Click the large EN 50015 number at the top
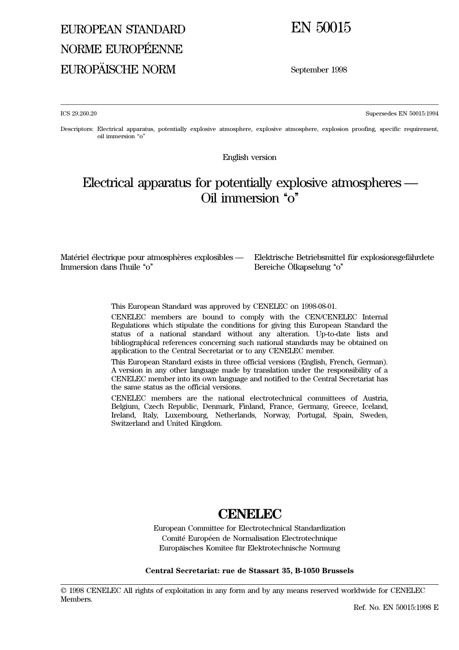[320, 28]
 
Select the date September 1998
[318, 70]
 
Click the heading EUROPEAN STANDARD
[123, 29]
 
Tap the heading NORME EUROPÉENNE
[121, 49]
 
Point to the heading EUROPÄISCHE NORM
[118, 70]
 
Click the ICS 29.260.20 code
[78, 114]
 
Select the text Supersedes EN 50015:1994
[402, 114]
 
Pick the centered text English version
[249, 157]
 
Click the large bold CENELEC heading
[249, 514]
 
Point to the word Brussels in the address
[338, 571]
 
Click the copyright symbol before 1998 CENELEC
[63, 591]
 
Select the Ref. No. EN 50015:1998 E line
[396, 607]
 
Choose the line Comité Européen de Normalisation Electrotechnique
[249, 538]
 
